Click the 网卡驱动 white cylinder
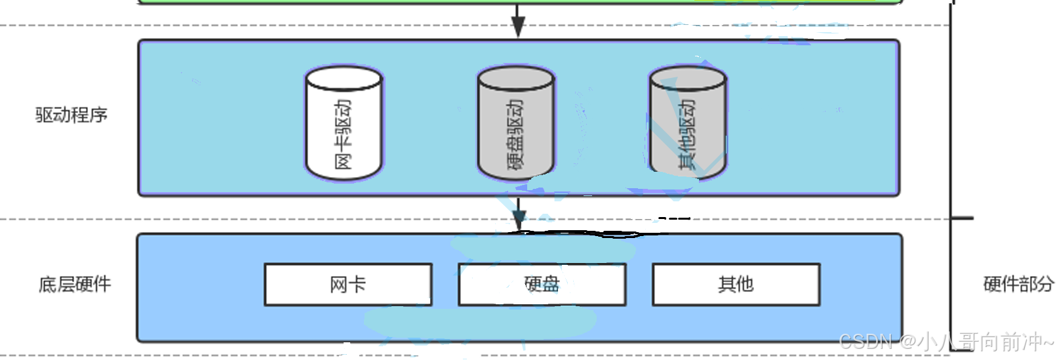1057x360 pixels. tap(344, 125)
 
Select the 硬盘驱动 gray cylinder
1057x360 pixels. tap(516, 125)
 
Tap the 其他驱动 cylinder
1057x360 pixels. tap(688, 125)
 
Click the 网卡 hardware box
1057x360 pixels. tap(348, 285)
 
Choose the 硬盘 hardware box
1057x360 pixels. tap(542, 285)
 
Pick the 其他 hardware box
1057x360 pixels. tap(736, 285)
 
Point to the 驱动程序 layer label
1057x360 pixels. tap(71, 115)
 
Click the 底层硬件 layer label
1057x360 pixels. tap(75, 285)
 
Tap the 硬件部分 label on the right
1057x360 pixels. tap(1018, 284)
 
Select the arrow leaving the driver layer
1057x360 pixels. tap(519, 213)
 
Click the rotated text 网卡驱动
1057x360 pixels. tap(344, 134)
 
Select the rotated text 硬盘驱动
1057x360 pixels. tap(516, 134)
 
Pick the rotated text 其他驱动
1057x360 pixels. tap(688, 134)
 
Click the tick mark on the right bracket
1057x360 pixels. tap(963, 218)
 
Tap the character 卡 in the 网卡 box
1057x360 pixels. tap(357, 285)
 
